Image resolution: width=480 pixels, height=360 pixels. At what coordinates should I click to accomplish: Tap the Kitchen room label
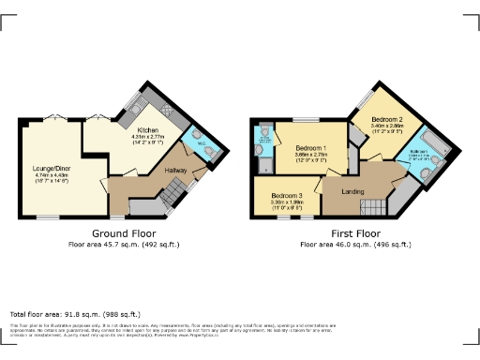point(149,130)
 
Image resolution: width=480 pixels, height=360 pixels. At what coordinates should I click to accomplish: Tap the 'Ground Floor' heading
point(124,233)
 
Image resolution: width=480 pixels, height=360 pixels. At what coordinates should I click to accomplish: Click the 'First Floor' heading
point(355,233)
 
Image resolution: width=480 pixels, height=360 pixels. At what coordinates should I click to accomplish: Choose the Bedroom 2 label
point(385,120)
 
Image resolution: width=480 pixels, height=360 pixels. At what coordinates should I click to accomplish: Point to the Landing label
point(352,192)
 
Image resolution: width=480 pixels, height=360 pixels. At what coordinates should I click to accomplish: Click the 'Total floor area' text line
point(75,314)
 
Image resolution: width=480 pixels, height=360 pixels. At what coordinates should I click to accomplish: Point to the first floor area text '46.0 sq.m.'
point(355,244)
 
